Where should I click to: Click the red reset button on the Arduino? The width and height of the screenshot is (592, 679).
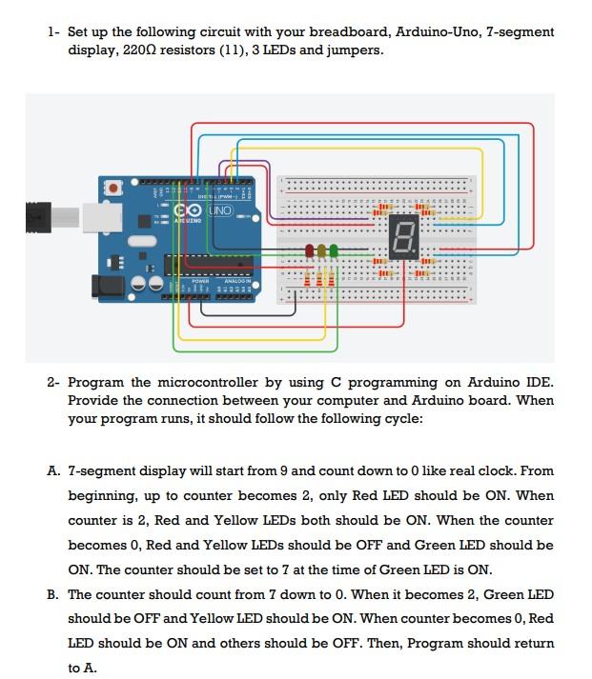(115, 190)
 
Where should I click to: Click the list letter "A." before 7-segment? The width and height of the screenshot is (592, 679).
(53, 470)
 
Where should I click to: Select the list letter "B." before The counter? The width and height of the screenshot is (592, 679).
(53, 594)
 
